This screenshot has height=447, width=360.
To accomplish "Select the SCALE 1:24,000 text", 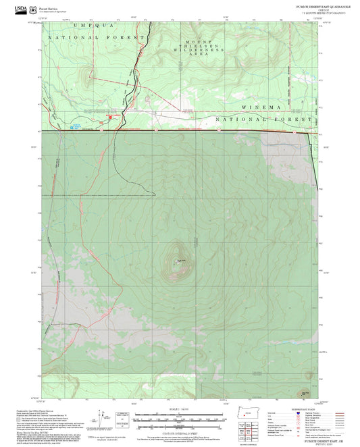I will [x=179, y=409].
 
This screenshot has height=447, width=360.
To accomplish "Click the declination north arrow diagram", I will [x=102, y=418].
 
